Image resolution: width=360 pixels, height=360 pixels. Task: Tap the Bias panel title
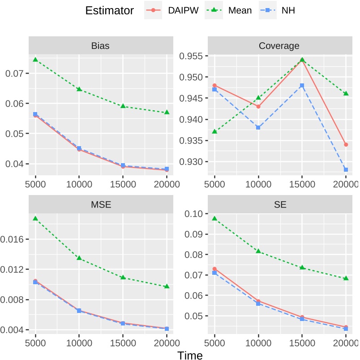click(x=100, y=45)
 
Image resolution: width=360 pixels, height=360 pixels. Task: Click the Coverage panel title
click(x=279, y=45)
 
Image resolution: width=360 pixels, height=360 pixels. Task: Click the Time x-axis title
click(x=190, y=355)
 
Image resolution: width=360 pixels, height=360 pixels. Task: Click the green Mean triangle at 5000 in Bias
click(x=35, y=60)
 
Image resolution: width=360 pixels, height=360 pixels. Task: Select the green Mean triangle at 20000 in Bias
click(x=167, y=112)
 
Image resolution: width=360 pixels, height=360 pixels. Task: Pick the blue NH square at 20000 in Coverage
click(x=346, y=169)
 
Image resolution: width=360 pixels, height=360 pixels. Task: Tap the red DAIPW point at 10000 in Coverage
click(x=258, y=106)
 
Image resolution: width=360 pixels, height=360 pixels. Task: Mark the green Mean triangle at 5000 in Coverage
click(x=214, y=131)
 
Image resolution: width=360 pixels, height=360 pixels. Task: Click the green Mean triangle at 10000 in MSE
click(x=79, y=258)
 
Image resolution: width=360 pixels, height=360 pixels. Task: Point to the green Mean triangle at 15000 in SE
click(x=302, y=267)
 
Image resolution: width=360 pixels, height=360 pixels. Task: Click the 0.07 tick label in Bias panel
click(x=15, y=73)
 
